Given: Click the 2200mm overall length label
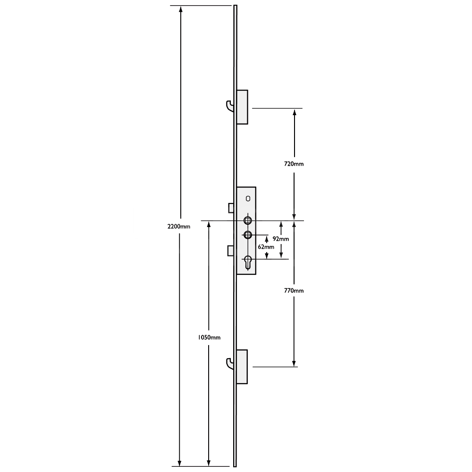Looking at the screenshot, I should point(179,227).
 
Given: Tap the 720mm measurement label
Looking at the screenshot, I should point(295,164).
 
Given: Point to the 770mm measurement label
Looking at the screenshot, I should point(295,291).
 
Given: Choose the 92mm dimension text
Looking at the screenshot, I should point(281,239).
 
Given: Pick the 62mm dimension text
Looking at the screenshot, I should point(266,246).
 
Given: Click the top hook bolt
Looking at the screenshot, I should point(229,107).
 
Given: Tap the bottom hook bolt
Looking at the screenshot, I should point(230,363).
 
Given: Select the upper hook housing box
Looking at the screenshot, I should point(242,107).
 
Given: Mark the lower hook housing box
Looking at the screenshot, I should point(242,367).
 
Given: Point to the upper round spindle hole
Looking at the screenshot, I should point(248,220).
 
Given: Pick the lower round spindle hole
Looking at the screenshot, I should point(248,235).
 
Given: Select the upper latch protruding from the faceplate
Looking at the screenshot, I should point(231,208).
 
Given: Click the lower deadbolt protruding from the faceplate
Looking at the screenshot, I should point(231,251).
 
